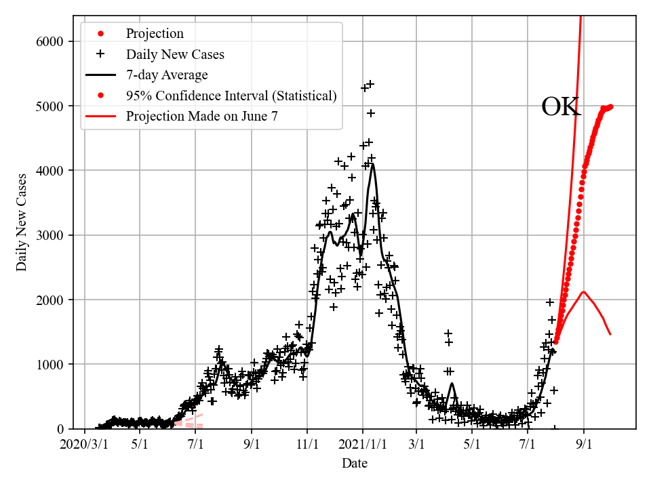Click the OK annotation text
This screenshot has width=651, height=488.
pos(561,107)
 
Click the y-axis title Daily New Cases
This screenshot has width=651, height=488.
pos(22,222)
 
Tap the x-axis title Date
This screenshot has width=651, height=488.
pos(355,464)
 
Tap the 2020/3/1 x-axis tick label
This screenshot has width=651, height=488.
pos(85,445)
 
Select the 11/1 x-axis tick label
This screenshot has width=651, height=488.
pos(307,445)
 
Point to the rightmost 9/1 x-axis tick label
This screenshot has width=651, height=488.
pos(584,445)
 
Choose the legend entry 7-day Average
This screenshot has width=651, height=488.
pos(167,75)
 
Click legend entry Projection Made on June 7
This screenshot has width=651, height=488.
pos(201,116)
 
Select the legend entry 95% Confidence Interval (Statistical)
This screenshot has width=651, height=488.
pos(231,96)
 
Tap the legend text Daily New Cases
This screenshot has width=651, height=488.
pos(175,54)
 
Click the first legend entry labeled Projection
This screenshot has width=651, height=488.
pos(155,33)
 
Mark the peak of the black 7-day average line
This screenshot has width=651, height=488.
pos(372,164)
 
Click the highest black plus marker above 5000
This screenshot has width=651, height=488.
pos(370,84)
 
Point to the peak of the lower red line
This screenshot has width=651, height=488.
pos(583,291)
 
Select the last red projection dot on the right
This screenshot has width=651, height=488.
pos(610,106)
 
